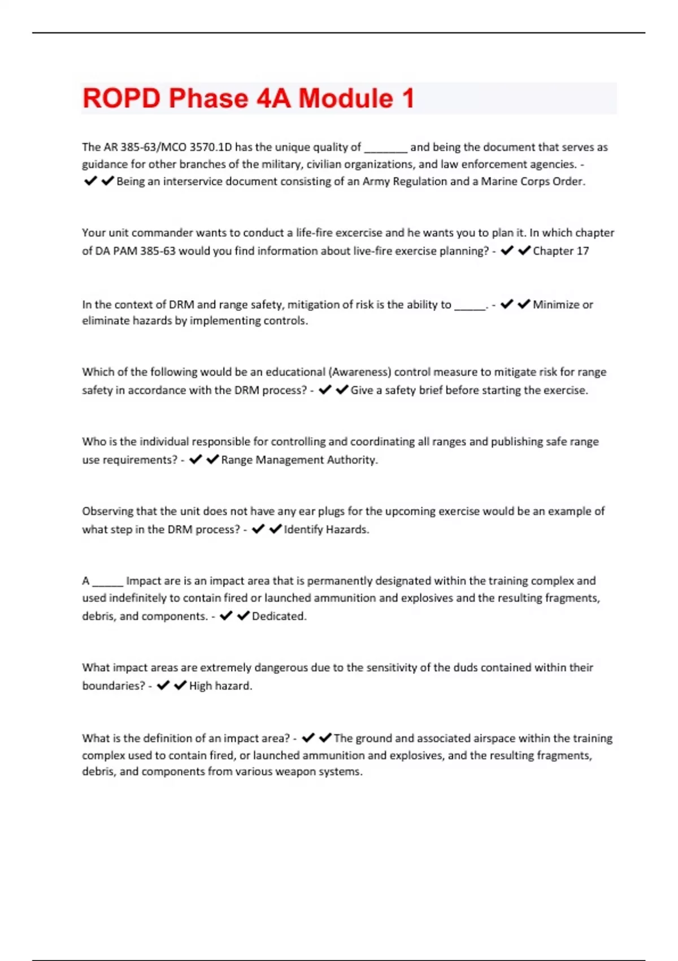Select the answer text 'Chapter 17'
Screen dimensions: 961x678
560,251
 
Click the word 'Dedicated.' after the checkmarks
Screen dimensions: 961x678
279,616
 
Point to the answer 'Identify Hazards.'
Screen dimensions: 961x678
326,530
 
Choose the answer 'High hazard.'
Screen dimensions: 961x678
220,686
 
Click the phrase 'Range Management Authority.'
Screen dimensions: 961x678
299,460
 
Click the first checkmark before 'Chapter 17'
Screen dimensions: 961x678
507,250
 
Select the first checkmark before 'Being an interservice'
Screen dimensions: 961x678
90,181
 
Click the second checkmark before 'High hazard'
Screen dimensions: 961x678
180,686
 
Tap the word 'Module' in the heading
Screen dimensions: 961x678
345,98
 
